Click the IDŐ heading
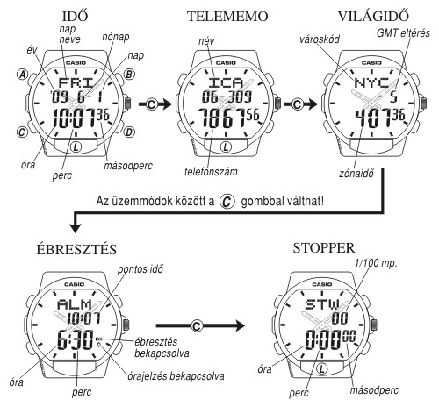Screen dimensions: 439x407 pos(75,16)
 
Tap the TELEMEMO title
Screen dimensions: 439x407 pos(227,16)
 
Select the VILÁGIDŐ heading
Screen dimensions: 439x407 pos(373,16)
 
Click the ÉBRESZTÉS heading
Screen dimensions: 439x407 pos(76,249)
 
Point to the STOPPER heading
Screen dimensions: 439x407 pos(324,248)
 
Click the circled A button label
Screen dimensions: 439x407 pos(22,75)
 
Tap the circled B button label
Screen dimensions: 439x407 pos(129,75)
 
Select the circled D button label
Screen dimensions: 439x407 pos(129,132)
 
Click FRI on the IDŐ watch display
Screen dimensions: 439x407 pos(76,82)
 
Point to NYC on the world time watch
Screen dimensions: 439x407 pos(371,83)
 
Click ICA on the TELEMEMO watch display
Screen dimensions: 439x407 pos(226,83)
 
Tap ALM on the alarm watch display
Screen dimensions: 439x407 pos(75,304)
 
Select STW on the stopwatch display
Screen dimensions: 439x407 pos(322,304)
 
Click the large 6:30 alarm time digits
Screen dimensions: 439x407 pos(76,339)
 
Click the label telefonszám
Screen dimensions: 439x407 pos(211,171)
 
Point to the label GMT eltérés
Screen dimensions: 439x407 pos(403,33)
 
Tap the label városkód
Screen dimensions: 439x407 pos(320,39)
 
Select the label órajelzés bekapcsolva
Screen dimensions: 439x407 pos(176,376)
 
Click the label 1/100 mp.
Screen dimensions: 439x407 pos(376,263)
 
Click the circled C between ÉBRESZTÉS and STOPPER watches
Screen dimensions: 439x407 pos(197,325)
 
